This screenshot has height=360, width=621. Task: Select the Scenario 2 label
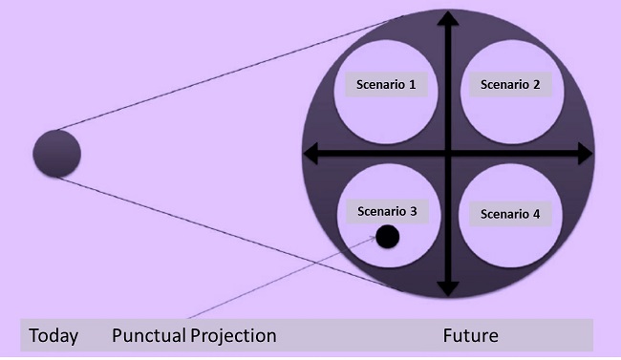510,84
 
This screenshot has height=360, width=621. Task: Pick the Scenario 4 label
510,213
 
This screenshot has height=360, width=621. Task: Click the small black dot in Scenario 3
387,237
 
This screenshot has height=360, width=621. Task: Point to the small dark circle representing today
57,153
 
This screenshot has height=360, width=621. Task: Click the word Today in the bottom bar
54,336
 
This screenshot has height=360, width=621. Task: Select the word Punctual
149,336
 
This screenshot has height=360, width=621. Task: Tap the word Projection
233,336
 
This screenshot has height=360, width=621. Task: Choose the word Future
471,336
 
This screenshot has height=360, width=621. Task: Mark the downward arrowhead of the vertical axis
445,286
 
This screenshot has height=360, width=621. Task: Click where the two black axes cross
445,152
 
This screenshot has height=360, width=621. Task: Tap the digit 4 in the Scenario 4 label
536,213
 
